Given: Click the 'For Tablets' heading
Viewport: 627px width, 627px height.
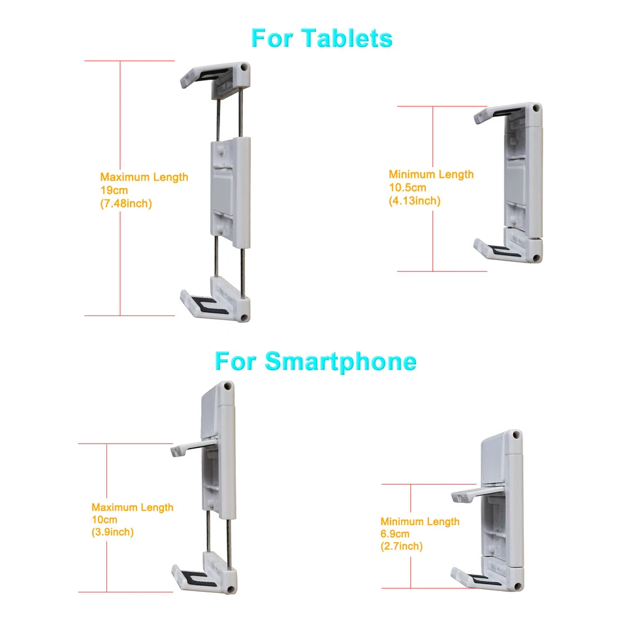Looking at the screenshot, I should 321,38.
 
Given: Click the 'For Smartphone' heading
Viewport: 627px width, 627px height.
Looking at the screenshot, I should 315,361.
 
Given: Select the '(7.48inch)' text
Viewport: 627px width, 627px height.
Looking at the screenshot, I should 126,203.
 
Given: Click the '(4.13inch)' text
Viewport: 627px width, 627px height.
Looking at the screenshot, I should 415,201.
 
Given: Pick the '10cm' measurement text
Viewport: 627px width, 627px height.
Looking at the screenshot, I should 103,520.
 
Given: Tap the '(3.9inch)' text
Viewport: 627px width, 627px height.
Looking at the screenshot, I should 113,532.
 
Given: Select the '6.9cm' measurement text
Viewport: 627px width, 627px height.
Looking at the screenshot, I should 395,534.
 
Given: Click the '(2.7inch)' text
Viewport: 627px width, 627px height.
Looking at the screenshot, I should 402,546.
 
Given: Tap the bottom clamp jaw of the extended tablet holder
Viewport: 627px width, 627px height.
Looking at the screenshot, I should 216,300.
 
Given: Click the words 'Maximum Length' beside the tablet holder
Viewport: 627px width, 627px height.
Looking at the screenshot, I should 144,177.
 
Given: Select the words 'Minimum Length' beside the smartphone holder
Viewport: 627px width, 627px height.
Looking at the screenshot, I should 420,521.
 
